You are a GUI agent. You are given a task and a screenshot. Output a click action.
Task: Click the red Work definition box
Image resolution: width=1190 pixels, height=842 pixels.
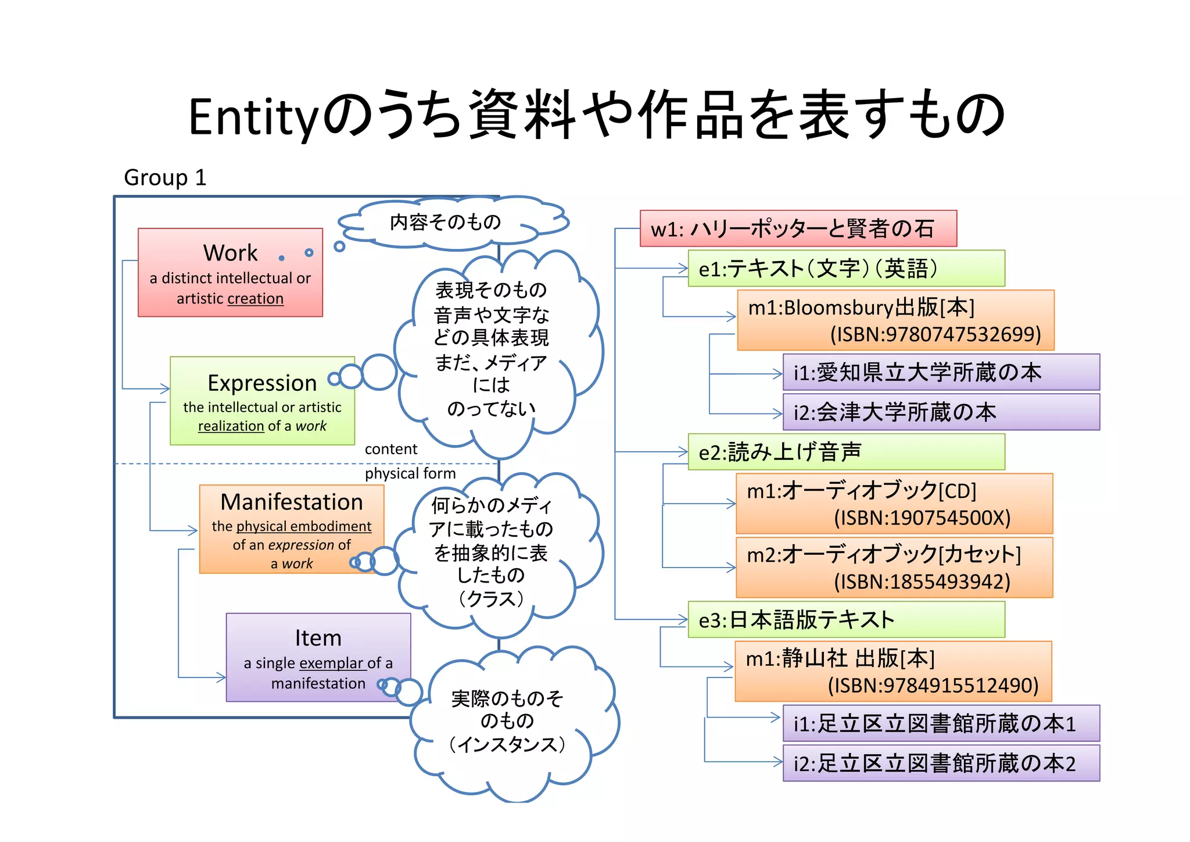coord(230,272)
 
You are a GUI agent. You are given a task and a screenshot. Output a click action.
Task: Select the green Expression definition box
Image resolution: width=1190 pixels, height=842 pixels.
coord(262,401)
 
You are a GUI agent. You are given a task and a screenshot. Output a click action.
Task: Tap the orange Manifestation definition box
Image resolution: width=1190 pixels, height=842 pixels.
coord(291,529)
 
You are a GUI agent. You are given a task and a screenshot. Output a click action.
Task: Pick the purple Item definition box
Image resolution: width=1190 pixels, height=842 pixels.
coord(318,657)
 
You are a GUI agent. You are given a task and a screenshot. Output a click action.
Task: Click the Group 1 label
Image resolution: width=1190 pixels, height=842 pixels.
coord(165,177)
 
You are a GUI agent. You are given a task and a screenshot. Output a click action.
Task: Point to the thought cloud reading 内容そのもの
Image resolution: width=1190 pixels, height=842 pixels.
coord(446,222)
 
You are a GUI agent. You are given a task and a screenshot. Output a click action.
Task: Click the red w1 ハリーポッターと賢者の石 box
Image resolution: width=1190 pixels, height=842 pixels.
coord(798,229)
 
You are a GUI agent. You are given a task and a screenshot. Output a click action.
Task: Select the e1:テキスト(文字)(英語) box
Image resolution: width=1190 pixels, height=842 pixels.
coord(846,268)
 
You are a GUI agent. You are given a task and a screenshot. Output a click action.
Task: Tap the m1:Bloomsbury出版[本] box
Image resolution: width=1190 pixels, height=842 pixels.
coord(895,320)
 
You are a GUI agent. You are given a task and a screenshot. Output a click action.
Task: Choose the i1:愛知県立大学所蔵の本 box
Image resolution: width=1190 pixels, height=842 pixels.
coord(941,372)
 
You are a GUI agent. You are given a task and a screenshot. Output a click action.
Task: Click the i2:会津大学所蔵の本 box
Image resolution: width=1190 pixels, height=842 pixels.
coord(941,412)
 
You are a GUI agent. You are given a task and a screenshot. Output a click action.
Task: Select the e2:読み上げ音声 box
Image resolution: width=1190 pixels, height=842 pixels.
coord(846,452)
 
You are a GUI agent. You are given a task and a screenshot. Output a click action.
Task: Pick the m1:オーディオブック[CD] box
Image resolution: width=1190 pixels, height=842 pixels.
coord(894,504)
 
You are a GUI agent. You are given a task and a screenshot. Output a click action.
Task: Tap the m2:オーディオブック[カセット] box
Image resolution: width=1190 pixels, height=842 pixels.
coord(894,568)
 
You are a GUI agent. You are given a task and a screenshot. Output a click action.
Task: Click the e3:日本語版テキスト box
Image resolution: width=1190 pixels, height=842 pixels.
coord(846,619)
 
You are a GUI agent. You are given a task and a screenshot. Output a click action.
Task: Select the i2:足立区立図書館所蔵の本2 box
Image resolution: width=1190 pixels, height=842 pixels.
coord(941,763)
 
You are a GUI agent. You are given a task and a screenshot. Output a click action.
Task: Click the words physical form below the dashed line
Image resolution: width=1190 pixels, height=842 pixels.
coord(410,473)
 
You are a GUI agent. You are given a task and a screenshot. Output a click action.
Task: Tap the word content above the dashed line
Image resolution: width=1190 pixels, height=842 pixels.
coord(390,449)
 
